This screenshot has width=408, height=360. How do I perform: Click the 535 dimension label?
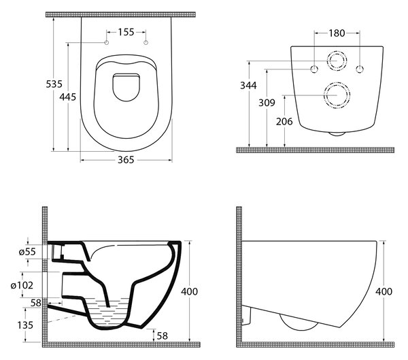point(54,84)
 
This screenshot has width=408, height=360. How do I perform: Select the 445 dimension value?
point(67,97)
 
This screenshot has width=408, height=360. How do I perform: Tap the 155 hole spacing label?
point(126,32)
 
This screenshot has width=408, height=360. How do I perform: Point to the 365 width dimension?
point(126,160)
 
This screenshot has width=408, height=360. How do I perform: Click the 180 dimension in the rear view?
point(337,33)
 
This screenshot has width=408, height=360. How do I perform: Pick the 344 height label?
point(248,85)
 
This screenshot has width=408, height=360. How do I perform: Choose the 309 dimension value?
point(267,103)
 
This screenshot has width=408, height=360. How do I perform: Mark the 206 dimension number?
point(284,121)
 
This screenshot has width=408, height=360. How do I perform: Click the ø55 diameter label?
point(27,252)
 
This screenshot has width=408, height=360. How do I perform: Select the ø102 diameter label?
point(22,285)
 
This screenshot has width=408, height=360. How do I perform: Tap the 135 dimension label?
point(25,325)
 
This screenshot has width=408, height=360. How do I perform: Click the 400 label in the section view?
point(190,291)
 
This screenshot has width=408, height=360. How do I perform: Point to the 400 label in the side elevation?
point(384,291)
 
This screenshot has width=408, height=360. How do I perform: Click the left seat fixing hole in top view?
point(107,42)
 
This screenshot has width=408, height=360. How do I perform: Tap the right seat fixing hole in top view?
point(146,42)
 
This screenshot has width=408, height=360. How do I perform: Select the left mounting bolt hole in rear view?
point(315,69)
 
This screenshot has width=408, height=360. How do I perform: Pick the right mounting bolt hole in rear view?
point(360,69)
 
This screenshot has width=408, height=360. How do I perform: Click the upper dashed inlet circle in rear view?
point(337,51)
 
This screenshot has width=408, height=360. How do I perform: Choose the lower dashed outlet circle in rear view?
point(337,82)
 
